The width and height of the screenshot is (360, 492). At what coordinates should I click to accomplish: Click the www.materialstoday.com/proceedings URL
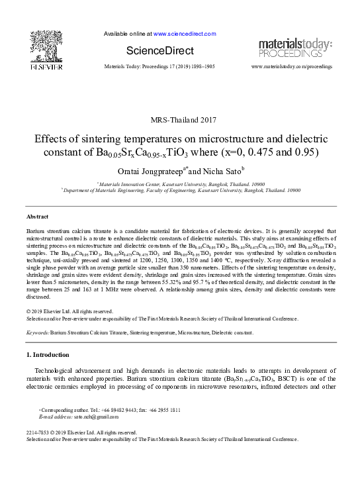point(292,68)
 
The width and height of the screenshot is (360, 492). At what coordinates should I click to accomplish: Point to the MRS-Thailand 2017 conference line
point(180,119)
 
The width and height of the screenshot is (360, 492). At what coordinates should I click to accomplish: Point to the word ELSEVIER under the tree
point(45,67)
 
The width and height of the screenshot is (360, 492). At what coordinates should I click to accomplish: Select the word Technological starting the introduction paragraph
point(57,369)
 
